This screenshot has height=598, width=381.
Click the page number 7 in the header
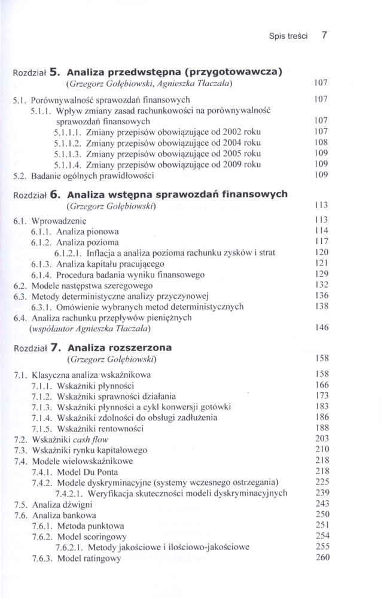click(324, 35)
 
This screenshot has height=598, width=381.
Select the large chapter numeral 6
click(53, 194)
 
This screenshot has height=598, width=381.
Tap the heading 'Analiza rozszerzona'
click(120, 347)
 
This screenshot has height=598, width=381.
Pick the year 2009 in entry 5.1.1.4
click(224, 164)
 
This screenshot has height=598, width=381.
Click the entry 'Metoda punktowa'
click(90, 526)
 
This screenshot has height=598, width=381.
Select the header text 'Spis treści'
click(288, 35)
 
